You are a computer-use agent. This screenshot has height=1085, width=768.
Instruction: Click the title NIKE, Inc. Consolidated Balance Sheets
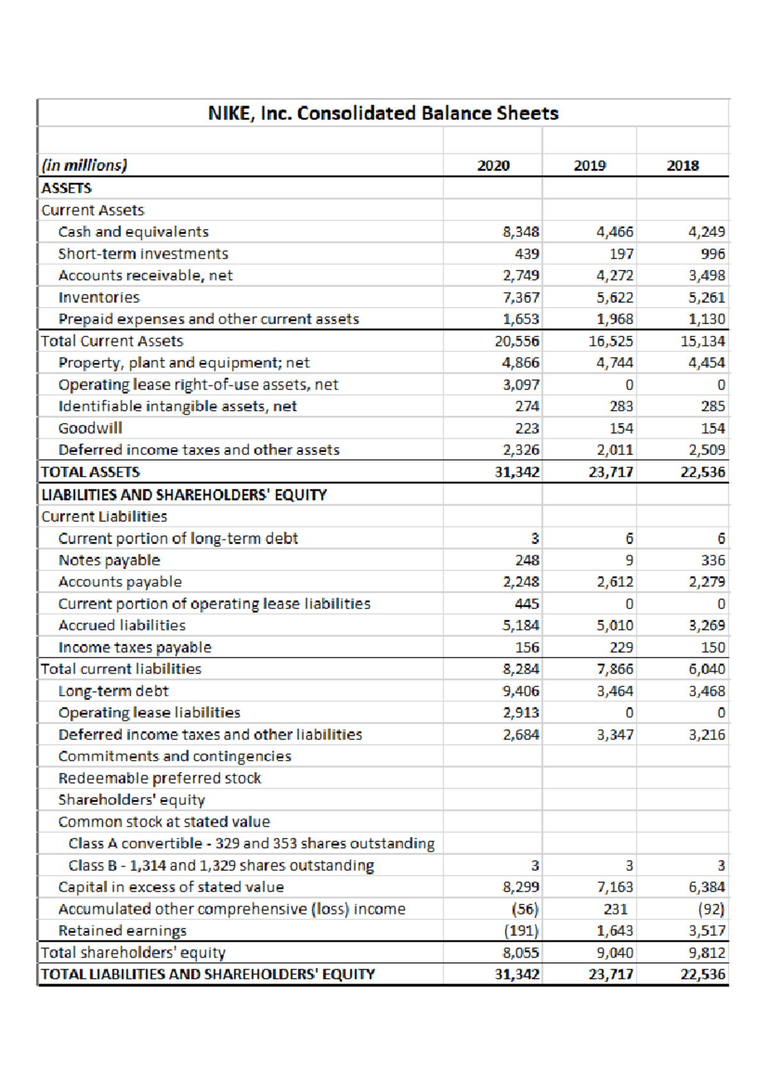click(383, 113)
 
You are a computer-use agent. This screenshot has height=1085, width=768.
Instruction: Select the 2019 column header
click(589, 166)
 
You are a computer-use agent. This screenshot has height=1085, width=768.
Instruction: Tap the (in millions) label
click(84, 165)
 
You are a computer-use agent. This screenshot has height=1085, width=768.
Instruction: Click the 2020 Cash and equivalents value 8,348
click(520, 232)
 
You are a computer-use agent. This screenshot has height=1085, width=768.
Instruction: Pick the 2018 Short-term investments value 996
click(712, 254)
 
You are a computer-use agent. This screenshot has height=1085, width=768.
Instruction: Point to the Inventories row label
click(99, 297)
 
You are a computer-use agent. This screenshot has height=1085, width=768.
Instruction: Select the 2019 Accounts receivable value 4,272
click(614, 276)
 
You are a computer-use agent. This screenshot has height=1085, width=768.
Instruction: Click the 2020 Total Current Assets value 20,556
click(516, 341)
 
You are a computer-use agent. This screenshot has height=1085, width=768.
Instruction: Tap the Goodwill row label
click(90, 428)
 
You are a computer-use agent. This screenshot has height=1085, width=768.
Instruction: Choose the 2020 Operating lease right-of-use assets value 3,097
click(520, 384)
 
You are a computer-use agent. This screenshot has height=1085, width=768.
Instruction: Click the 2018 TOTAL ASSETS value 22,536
click(703, 472)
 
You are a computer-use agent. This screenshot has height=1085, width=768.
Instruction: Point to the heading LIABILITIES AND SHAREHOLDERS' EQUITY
click(184, 495)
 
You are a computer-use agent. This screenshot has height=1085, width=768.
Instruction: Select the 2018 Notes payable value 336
click(712, 560)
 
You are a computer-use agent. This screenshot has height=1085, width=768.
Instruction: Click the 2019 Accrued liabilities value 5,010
click(614, 626)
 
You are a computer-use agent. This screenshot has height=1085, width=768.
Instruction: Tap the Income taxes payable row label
click(134, 647)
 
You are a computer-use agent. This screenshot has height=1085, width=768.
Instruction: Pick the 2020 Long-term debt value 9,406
click(520, 691)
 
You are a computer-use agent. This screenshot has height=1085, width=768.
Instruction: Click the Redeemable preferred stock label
click(159, 778)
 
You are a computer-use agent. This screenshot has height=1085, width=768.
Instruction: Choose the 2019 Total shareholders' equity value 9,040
click(614, 953)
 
